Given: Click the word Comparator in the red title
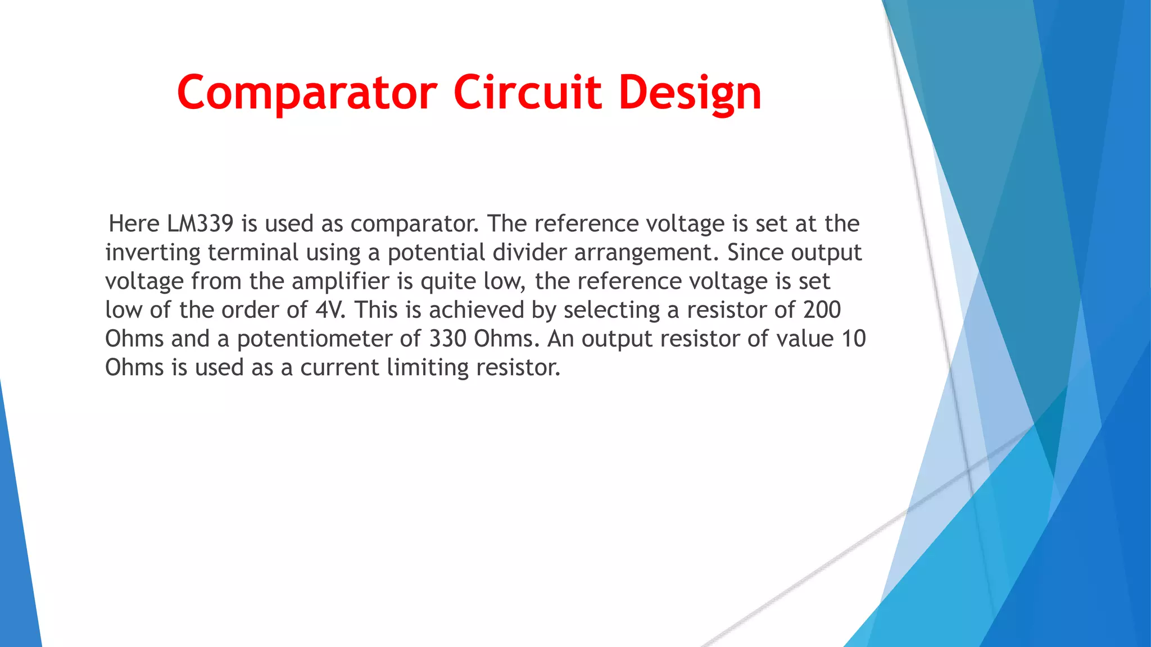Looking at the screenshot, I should point(307,93).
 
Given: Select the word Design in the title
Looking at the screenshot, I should point(690,93).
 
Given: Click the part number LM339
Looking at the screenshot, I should point(200,224).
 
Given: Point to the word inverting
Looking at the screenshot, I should point(152,253).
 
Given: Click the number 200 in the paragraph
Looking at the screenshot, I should point(822,310).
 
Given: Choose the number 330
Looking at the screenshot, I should point(447,339).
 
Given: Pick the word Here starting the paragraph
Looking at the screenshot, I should point(134,224).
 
